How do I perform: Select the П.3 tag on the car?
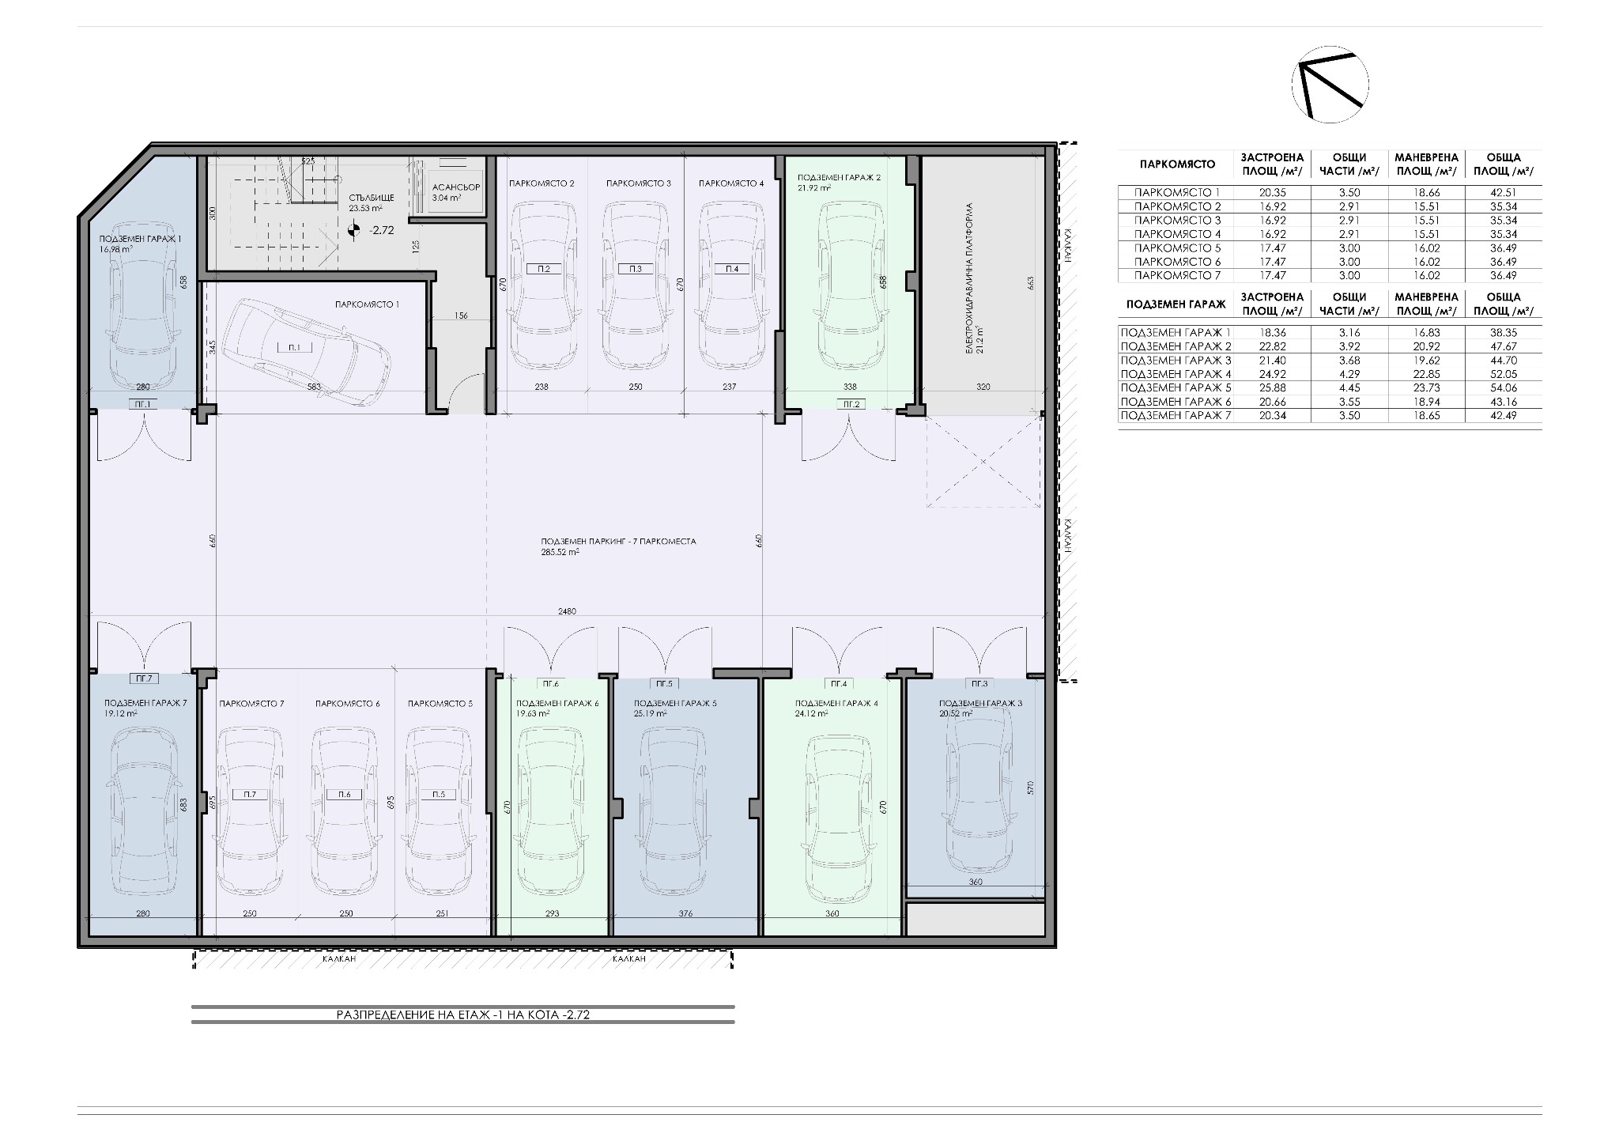click(636, 269)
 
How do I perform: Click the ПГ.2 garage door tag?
click(851, 404)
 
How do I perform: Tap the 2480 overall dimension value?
click(567, 611)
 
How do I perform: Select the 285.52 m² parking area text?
click(560, 553)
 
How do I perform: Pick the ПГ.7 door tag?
click(143, 678)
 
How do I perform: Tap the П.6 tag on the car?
click(344, 795)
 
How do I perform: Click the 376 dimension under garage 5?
click(685, 913)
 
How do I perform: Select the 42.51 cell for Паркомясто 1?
click(1504, 192)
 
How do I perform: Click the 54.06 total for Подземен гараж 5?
click(1504, 387)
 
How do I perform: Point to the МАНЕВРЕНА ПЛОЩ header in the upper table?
click(1427, 164)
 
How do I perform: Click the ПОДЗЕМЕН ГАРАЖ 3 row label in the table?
click(1176, 360)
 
